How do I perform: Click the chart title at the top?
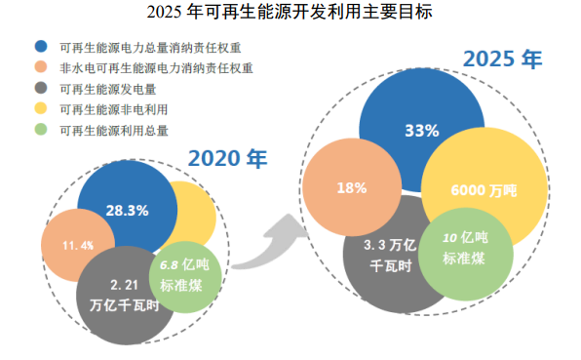[290, 12]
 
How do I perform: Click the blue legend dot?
[41, 46]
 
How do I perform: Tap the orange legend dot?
[41, 66]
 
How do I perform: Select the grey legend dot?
[41, 88]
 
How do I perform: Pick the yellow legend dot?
[41, 108]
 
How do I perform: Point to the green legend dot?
[41, 130]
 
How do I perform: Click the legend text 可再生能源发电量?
[108, 89]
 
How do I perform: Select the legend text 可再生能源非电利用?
[114, 109]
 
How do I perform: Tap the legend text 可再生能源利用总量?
[114, 131]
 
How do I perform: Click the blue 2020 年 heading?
[227, 159]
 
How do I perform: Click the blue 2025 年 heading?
[502, 59]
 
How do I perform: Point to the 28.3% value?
[127, 211]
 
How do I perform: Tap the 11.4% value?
[78, 246]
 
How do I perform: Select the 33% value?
[422, 131]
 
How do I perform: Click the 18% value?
[352, 188]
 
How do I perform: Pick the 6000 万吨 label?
[484, 190]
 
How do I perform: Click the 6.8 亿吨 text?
[184, 265]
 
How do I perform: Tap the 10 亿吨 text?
[465, 238]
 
